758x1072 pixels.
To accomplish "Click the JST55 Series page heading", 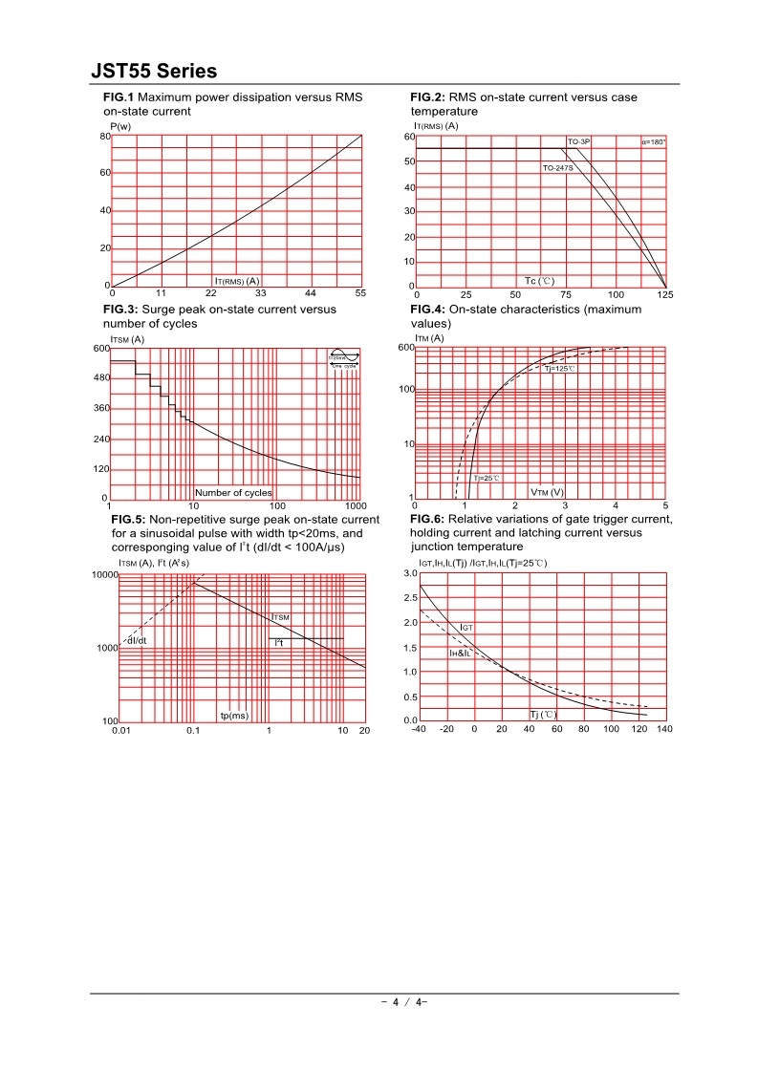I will (154, 72).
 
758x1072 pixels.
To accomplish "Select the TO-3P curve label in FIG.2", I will (579, 141).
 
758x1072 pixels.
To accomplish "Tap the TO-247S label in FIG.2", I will (557, 168).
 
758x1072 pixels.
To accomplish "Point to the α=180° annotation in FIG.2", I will (654, 141).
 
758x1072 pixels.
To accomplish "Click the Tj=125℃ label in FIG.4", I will (560, 368).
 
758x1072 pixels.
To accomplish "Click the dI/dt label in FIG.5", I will (137, 640).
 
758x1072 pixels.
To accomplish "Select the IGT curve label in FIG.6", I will (466, 627).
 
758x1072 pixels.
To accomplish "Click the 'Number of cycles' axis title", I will (233, 493).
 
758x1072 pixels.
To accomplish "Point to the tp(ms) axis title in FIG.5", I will (234, 715).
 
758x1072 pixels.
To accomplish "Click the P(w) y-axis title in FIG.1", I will (120, 126).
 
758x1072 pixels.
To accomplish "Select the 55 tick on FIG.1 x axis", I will (360, 293).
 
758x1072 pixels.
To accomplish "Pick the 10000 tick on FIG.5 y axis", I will (103, 574).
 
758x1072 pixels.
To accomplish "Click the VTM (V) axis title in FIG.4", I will (548, 493).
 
